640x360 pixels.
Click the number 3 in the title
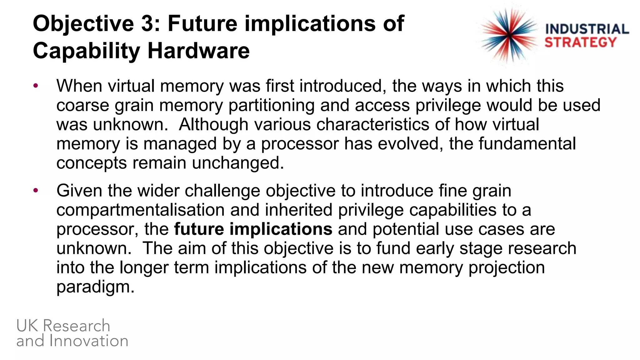click(147, 23)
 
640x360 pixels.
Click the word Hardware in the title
click(198, 51)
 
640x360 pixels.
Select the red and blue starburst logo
click(509, 35)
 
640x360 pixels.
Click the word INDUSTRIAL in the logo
click(587, 29)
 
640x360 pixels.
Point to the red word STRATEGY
click(580, 42)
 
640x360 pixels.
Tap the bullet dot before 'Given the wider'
click(36, 190)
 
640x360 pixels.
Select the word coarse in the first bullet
click(82, 106)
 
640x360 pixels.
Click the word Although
click(213, 124)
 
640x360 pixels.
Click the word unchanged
click(238, 163)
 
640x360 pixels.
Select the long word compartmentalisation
click(140, 210)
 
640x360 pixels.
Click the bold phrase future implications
click(253, 229)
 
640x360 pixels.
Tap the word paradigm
click(95, 287)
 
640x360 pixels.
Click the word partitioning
click(271, 106)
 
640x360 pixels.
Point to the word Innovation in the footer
click(89, 341)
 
